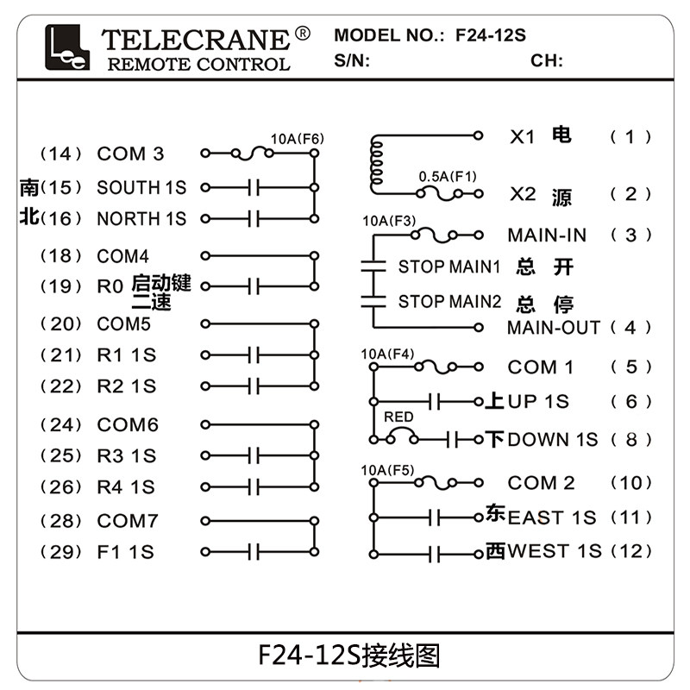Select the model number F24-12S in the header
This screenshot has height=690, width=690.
pos(490,35)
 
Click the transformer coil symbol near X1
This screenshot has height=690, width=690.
pos(376,164)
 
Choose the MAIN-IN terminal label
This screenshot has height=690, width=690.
pos(547,235)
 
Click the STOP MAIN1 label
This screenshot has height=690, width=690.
pos(449,267)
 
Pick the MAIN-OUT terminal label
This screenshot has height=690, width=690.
pos(553,328)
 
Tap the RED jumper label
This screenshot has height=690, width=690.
pos(398,417)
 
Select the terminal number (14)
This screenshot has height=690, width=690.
pos(61,154)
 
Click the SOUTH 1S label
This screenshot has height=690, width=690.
pos(141,187)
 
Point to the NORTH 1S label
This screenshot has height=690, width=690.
pos(141,218)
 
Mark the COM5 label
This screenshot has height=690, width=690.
pos(123,324)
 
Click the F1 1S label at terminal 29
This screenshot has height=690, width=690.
pos(125,551)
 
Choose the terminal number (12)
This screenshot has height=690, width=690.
pos(630,550)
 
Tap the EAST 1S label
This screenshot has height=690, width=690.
pos(551,517)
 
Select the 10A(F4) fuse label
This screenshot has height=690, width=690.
pos(387,354)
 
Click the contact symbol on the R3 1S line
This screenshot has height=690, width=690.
pos(254,456)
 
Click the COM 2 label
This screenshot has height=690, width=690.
pos(541,483)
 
